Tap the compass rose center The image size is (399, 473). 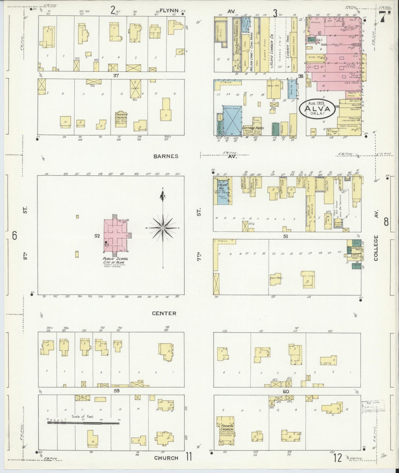point(163,228)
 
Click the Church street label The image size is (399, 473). point(166,458)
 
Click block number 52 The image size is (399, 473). point(97,236)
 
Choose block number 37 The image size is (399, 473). point(116,75)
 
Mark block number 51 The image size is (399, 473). point(285,236)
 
